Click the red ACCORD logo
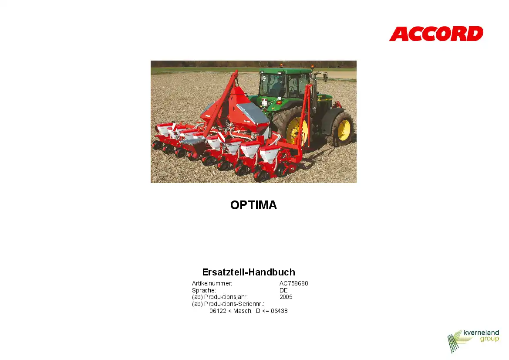click(436, 34)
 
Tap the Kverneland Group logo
click(473, 341)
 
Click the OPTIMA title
click(253, 205)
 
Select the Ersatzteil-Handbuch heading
click(249, 272)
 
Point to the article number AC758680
click(294, 283)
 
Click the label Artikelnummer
click(212, 283)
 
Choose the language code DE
click(283, 290)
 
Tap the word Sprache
click(204, 290)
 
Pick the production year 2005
click(286, 297)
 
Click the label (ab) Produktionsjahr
click(220, 297)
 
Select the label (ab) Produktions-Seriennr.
click(228, 304)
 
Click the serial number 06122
click(218, 311)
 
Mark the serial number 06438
click(279, 311)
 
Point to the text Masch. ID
click(247, 311)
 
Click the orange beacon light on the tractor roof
click(312, 67)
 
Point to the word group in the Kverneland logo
click(489, 339)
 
